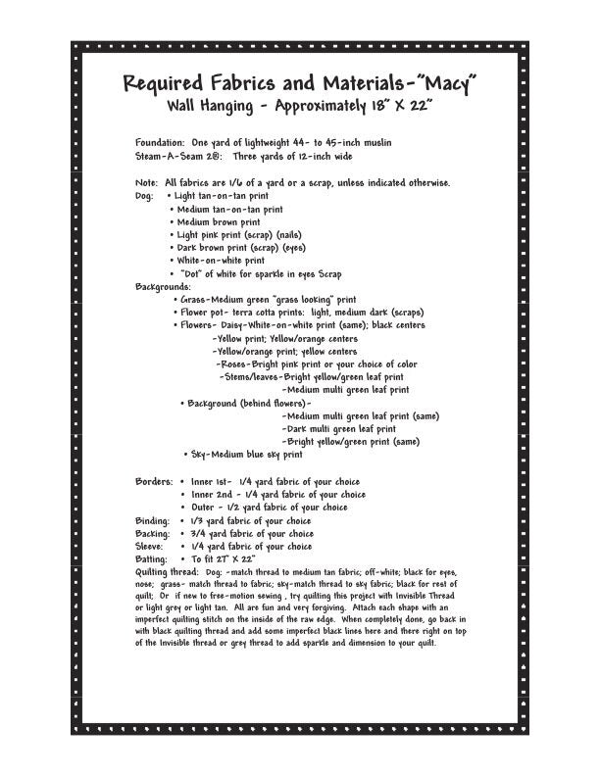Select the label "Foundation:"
click(x=160, y=143)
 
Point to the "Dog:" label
click(x=144, y=196)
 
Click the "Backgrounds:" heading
click(x=164, y=286)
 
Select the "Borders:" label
click(x=154, y=482)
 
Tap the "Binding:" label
click(x=153, y=520)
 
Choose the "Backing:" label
click(x=153, y=533)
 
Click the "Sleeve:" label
click(x=150, y=546)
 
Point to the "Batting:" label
click(x=152, y=558)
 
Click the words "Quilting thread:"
click(x=168, y=571)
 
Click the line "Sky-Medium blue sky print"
click(x=246, y=455)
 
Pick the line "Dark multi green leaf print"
click(x=340, y=428)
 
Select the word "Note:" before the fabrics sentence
click(x=147, y=182)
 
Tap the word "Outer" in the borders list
click(x=204, y=508)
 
